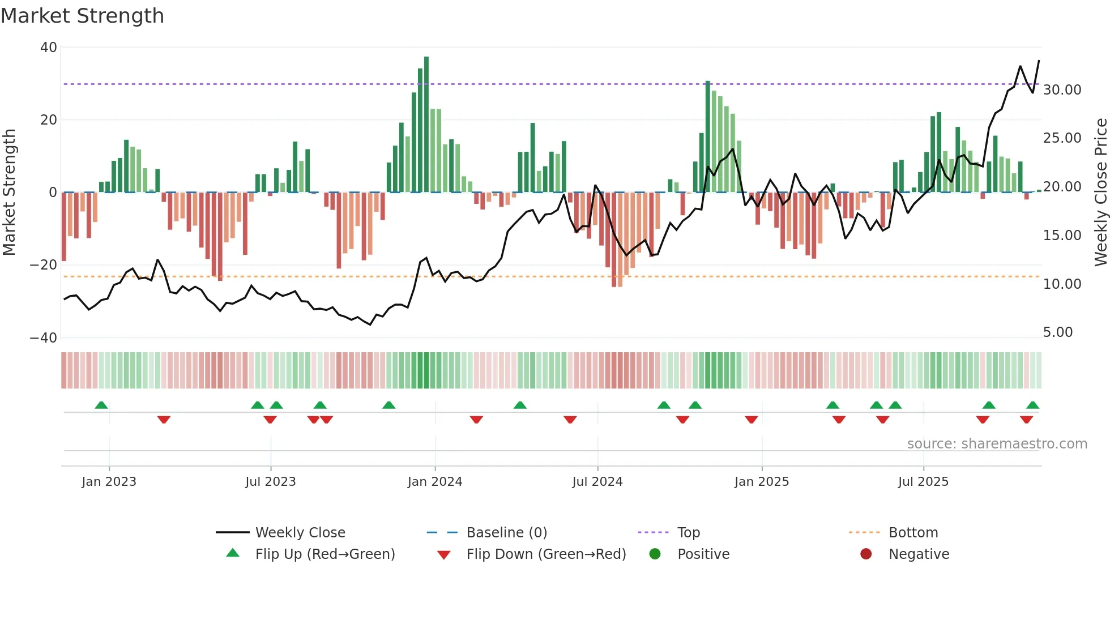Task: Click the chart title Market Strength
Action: (x=82, y=16)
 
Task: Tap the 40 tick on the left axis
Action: (x=49, y=48)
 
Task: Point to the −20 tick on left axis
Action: (x=44, y=265)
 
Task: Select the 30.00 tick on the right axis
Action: (x=1062, y=90)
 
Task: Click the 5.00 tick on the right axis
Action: (x=1057, y=332)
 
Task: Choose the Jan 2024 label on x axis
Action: (x=434, y=482)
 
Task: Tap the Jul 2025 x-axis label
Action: (x=923, y=482)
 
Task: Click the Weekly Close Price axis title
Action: (x=1100, y=193)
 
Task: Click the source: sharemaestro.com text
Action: (x=997, y=444)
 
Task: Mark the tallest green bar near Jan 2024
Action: (x=426, y=125)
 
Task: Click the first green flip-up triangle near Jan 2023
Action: (x=101, y=405)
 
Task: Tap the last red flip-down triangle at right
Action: (x=1026, y=420)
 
